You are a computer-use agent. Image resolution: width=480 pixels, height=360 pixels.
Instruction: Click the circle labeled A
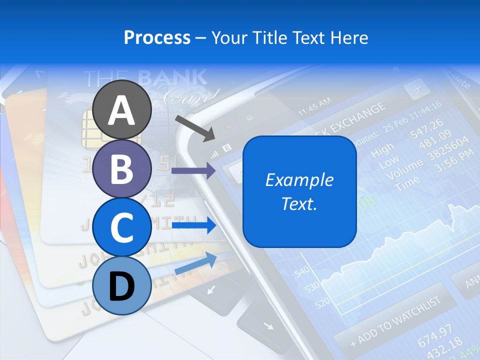click(122, 110)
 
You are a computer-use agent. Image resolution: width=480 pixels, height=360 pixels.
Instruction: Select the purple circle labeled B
click(122, 168)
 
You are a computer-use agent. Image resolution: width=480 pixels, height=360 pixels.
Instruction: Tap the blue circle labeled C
click(122, 227)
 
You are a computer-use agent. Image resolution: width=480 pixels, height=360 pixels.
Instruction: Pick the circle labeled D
click(122, 286)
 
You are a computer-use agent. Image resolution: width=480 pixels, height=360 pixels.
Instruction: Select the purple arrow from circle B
click(193, 171)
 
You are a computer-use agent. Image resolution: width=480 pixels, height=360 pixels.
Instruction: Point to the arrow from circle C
click(194, 225)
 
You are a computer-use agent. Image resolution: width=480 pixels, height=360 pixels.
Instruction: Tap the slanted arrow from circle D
click(195, 263)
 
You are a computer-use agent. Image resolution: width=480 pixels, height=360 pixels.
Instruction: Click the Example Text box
click(299, 191)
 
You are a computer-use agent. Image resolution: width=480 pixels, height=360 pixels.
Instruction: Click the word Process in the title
click(157, 37)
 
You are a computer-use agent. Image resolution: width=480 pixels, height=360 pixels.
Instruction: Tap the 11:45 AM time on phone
click(314, 106)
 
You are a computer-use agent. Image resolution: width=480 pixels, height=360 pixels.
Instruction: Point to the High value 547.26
click(426, 129)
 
